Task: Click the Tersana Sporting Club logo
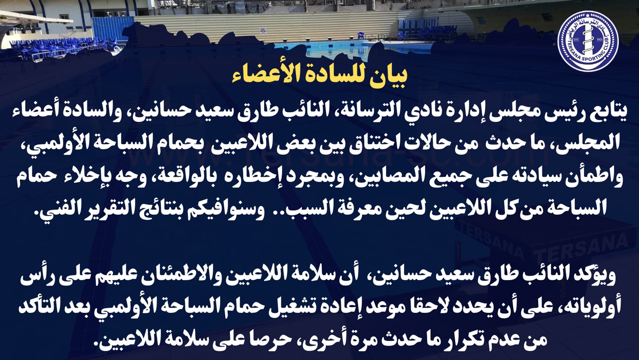pos(588,41)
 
